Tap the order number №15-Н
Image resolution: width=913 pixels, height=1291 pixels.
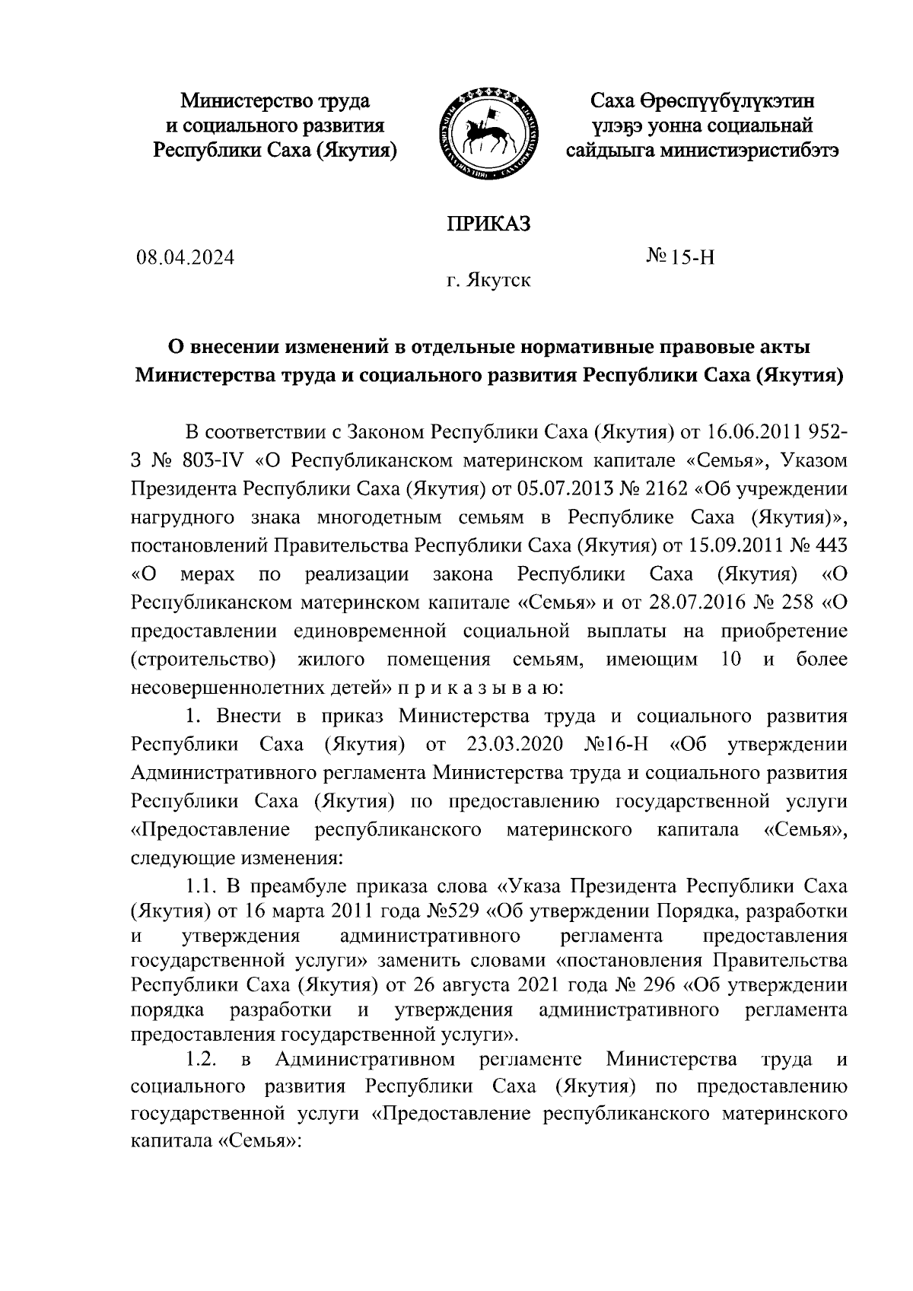681,258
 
